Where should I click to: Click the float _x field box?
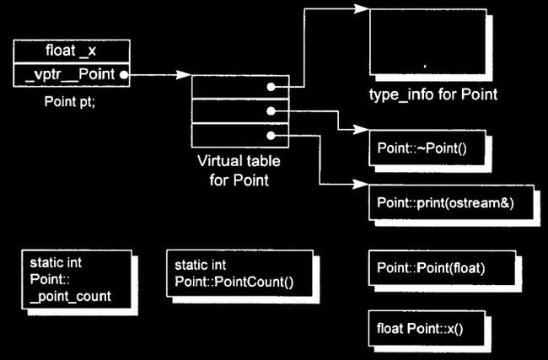[72, 51]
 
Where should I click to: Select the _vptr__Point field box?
[72, 75]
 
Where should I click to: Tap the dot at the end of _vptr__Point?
[123, 75]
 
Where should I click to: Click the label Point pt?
[69, 101]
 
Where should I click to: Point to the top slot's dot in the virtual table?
[271, 87]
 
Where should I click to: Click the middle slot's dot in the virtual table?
[271, 111]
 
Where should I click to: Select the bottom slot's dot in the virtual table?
[271, 136]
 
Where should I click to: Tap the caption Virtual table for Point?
[239, 170]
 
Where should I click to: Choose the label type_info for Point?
[433, 94]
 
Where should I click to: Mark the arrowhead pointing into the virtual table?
[184, 74]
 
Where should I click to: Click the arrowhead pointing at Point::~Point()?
[361, 129]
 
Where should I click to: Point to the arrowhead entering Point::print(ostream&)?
[361, 184]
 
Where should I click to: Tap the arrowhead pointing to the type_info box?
[362, 8]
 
